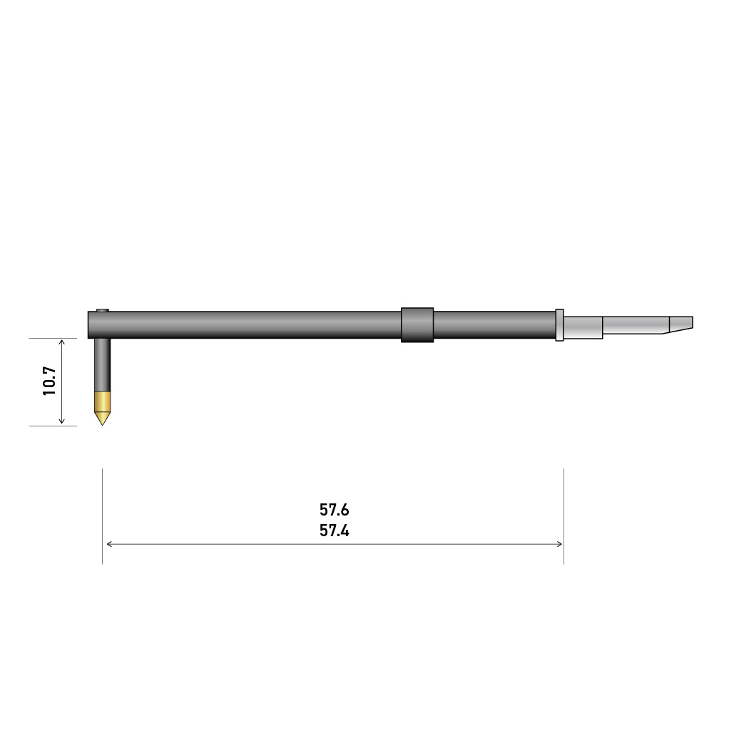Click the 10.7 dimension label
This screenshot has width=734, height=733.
49,381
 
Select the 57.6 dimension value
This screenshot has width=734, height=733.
335,509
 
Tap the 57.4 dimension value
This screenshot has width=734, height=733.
335,530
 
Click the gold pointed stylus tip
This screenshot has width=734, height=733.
102,408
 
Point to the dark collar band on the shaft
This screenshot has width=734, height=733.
417,325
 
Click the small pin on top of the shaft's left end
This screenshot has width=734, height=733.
103,310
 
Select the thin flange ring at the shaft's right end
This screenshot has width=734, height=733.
559,325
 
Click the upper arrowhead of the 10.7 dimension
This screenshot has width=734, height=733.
61,342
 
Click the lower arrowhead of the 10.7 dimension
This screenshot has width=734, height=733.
61,421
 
